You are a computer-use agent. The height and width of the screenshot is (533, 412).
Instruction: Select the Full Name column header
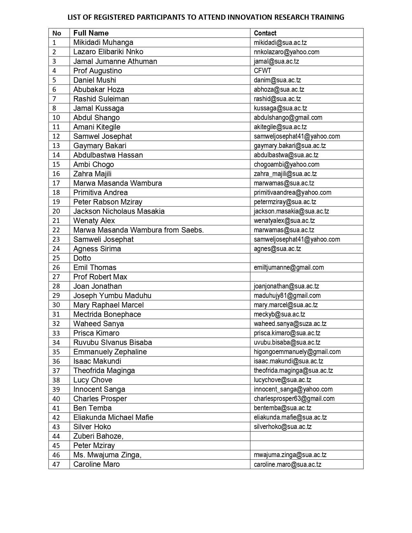point(91,33)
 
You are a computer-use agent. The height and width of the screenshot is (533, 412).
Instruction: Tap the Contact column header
point(265,33)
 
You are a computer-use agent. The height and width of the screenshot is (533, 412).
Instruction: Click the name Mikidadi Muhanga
point(103,42)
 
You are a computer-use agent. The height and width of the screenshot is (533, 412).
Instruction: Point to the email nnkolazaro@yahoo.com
point(286,52)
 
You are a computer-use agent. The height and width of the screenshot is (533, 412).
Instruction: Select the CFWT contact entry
point(262,70)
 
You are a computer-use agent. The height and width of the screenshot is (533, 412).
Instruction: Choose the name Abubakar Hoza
point(99,89)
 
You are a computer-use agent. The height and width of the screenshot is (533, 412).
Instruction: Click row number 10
point(56,118)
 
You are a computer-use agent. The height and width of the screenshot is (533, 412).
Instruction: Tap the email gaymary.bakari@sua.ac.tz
point(290,146)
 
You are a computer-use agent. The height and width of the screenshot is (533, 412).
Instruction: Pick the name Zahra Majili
point(92,174)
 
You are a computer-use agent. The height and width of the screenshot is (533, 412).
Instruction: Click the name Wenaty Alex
point(94,221)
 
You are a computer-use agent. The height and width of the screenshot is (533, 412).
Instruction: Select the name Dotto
point(82,258)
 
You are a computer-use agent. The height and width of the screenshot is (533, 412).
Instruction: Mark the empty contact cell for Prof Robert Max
point(306,277)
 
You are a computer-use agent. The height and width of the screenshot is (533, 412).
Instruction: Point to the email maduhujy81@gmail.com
point(287,296)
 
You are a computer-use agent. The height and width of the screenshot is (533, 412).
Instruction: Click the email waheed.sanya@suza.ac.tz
point(290,324)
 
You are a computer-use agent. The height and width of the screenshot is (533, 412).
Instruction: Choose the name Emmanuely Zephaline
point(110,352)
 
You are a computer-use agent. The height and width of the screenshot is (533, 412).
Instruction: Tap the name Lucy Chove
point(93,380)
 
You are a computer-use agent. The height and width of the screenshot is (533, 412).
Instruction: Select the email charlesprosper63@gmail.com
point(294,399)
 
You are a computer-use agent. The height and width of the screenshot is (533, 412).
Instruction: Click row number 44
point(56,436)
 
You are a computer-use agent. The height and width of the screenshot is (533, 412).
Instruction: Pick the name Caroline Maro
point(96,464)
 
